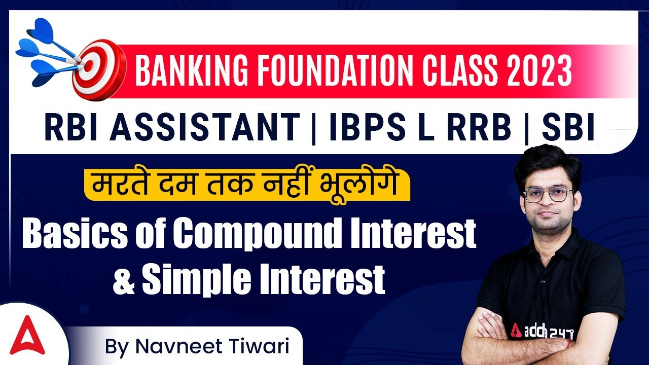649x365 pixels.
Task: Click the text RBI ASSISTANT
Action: pyautogui.click(x=171, y=127)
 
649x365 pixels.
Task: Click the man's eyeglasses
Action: pyautogui.click(x=549, y=195)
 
